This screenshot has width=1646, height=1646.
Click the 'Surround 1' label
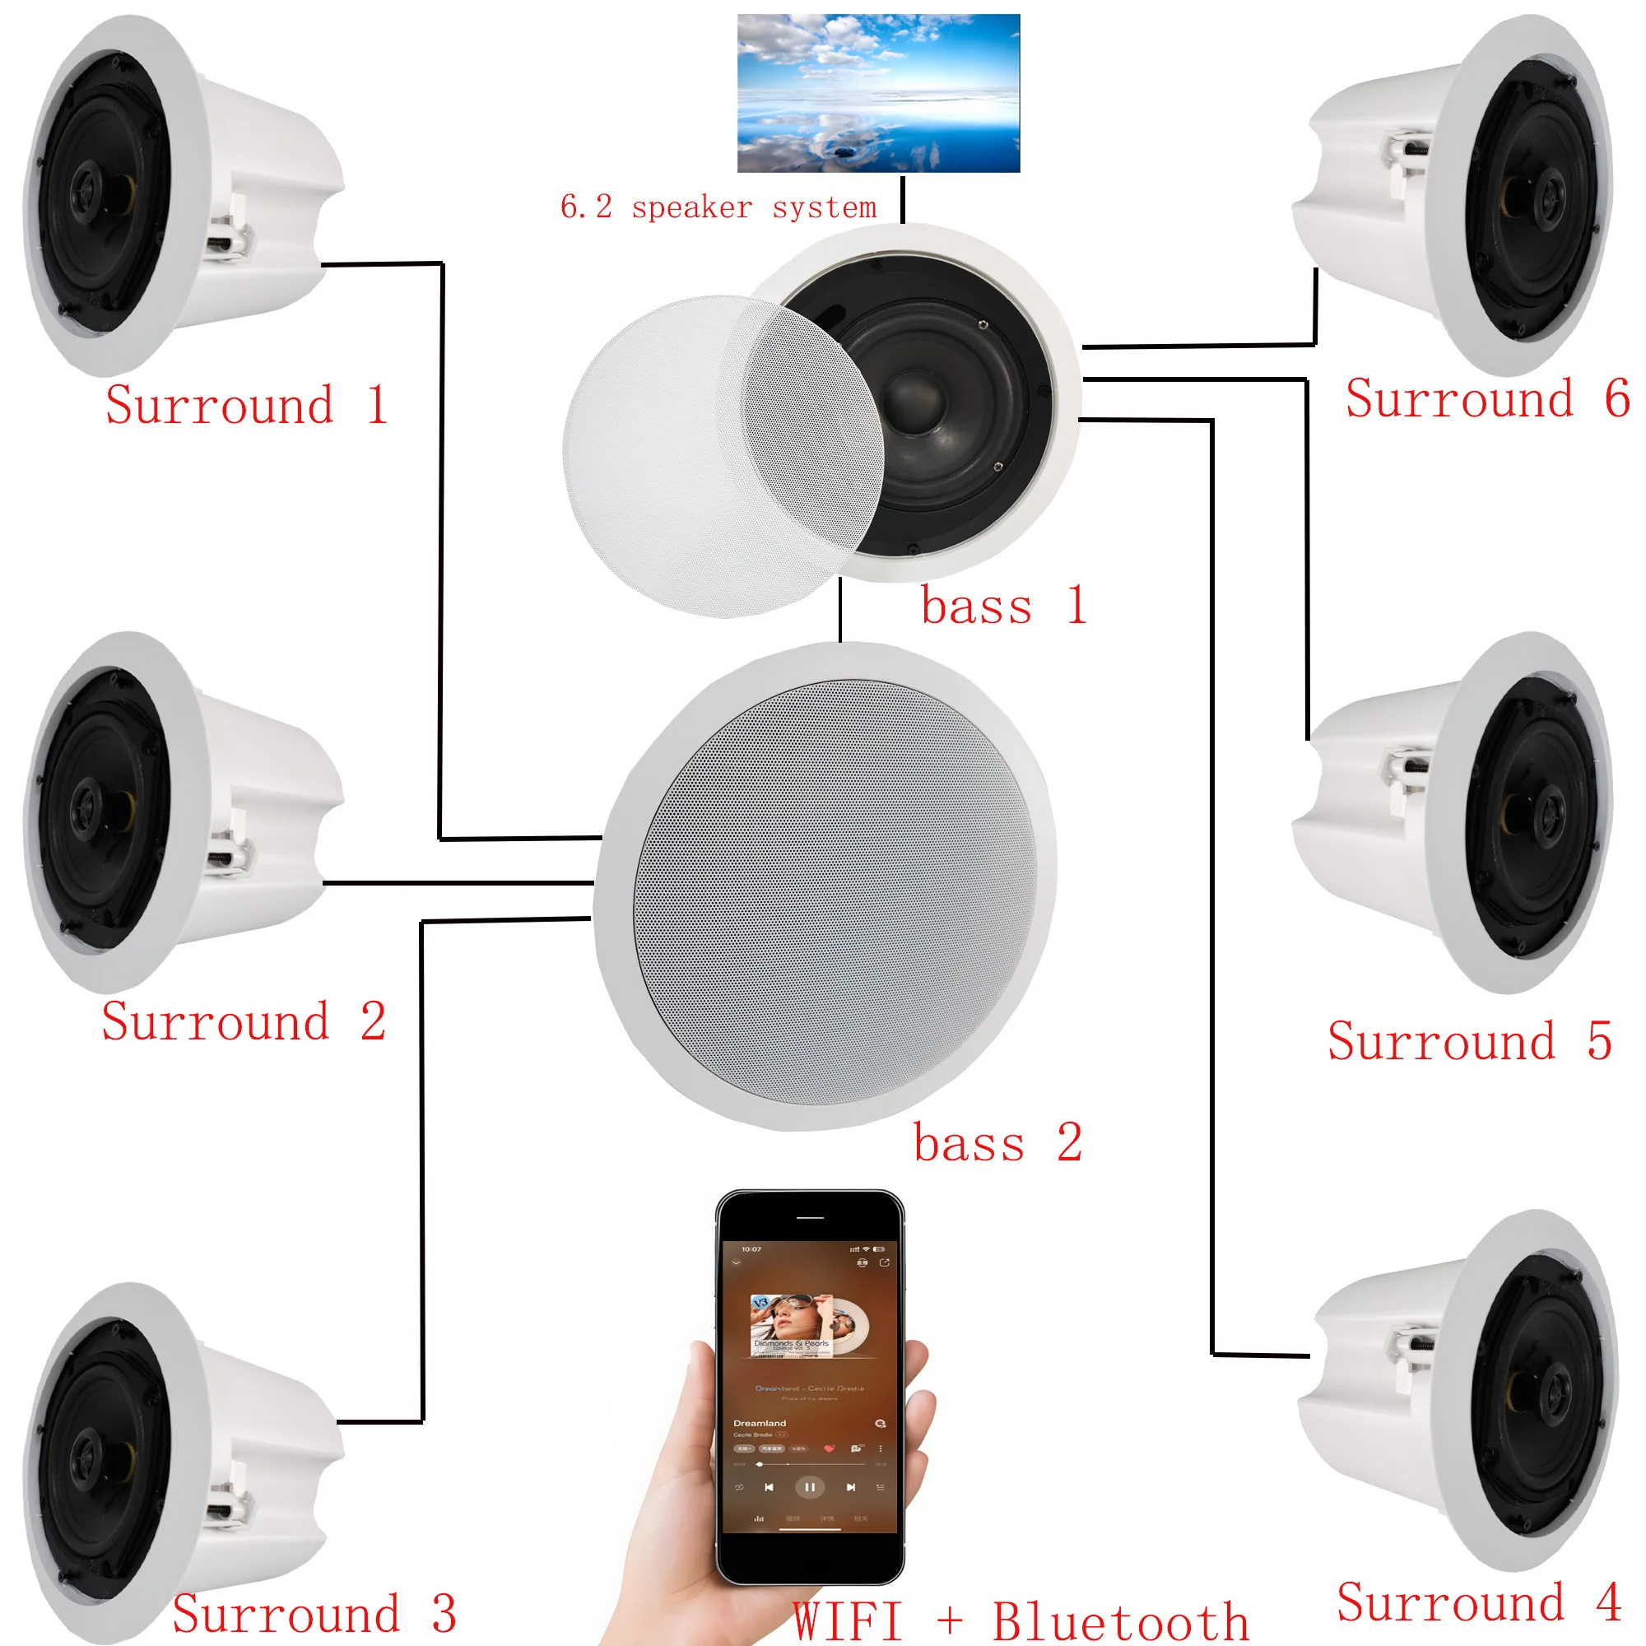click(x=246, y=405)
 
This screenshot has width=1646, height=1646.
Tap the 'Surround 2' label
click(x=244, y=1021)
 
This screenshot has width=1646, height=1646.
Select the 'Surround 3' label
click(x=314, y=1613)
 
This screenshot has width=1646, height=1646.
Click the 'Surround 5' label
click(x=1470, y=1041)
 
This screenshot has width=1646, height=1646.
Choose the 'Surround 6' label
click(x=1487, y=398)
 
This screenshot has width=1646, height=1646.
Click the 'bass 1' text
click(x=1003, y=606)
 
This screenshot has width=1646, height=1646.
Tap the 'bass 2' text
click(x=997, y=1142)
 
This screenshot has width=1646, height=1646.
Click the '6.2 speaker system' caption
click(x=718, y=207)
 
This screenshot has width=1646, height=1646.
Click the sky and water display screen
click(x=878, y=93)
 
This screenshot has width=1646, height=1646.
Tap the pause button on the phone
click(x=809, y=1487)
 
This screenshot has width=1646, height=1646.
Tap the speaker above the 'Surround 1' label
click(x=170, y=196)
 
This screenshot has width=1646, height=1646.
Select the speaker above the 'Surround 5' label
click(x=1466, y=809)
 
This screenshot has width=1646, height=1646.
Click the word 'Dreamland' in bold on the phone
click(x=760, y=1423)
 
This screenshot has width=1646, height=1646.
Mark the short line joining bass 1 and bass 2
click(x=840, y=610)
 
